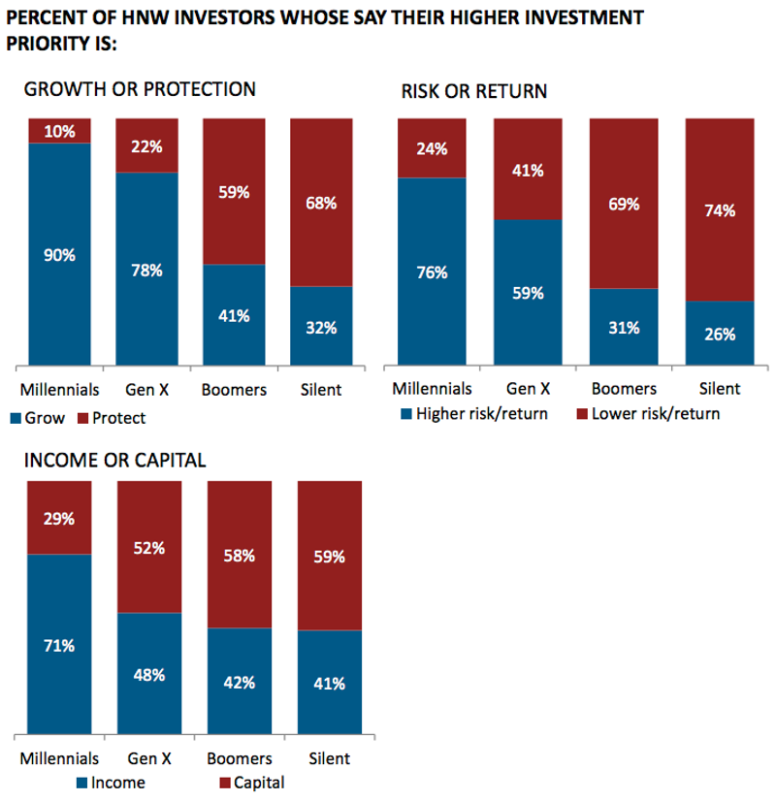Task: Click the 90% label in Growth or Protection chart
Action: pos(59,255)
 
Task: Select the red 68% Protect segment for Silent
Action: pos(321,203)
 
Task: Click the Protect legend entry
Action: pos(113,418)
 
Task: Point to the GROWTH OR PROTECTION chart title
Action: pos(140,89)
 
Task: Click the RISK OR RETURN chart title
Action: pos(474,91)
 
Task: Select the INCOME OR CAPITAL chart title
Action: pos(114,460)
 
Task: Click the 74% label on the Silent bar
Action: pos(720,210)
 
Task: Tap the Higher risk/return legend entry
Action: pos(472,414)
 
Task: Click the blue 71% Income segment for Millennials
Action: pos(59,646)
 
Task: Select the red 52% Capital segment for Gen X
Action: pos(148,548)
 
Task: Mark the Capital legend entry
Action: pos(249,782)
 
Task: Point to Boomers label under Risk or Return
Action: pos(623,389)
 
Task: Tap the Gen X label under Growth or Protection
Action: pos(147,390)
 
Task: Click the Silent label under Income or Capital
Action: pos(329,758)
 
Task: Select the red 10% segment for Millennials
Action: pos(59,131)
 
